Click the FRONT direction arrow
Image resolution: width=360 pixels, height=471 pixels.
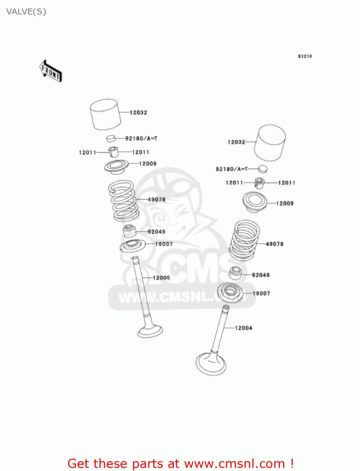51,71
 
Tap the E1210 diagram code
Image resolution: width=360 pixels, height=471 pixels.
305,56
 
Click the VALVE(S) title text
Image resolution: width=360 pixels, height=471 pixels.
26,12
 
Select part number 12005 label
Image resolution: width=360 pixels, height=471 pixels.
161,278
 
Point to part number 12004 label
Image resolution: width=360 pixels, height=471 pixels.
244,328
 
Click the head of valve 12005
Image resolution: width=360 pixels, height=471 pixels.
150,331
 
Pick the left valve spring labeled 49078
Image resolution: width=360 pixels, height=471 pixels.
123,200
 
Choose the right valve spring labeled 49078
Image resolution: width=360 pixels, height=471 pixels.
244,241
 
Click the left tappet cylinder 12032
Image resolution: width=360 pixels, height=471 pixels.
105,115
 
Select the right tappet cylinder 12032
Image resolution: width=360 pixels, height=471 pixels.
270,143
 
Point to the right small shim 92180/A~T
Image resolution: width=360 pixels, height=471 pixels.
263,169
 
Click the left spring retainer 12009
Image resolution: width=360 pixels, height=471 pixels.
116,166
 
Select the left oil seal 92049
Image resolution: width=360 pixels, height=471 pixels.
129,231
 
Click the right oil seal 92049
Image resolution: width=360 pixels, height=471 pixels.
236,273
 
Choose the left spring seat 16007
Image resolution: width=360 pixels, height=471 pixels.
133,246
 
